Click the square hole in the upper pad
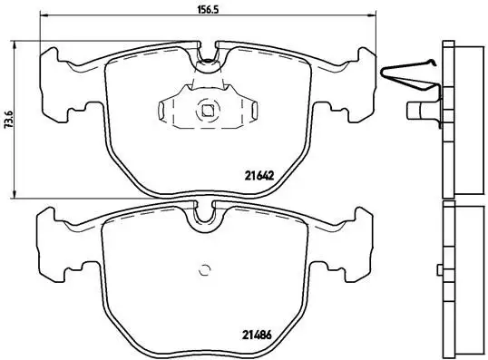(208, 112)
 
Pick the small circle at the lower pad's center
(205, 268)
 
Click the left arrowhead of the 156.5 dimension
(45, 16)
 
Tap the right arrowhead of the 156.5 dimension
(372, 16)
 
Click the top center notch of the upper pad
(209, 57)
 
